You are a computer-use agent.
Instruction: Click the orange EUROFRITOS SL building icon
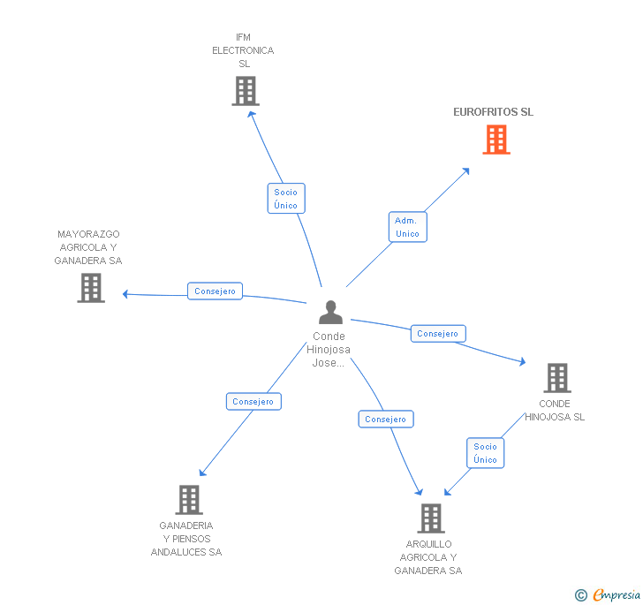(x=496, y=140)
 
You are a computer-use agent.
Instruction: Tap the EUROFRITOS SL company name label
(x=493, y=112)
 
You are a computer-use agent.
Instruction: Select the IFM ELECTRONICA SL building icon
(x=245, y=91)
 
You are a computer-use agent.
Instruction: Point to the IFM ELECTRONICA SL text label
(x=243, y=50)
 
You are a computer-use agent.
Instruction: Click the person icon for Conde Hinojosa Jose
(x=330, y=313)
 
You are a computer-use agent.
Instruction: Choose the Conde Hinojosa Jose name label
(x=329, y=349)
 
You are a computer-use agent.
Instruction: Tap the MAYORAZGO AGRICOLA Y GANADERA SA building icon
(x=91, y=288)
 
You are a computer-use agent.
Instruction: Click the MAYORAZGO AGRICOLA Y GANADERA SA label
(x=88, y=247)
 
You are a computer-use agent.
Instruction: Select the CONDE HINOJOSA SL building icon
(x=556, y=378)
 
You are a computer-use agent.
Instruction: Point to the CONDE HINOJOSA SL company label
(x=555, y=411)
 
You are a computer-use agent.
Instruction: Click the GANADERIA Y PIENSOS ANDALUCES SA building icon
(x=188, y=500)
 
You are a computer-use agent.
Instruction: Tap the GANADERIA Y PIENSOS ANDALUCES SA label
(x=186, y=539)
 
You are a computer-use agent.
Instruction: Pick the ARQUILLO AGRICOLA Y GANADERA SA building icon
(x=430, y=518)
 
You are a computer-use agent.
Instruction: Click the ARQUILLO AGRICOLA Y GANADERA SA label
(x=428, y=557)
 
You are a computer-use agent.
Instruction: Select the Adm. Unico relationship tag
(x=407, y=227)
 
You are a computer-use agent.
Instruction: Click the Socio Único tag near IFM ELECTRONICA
(x=285, y=199)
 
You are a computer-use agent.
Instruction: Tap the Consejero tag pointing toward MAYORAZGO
(x=215, y=291)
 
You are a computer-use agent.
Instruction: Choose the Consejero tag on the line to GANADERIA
(x=253, y=401)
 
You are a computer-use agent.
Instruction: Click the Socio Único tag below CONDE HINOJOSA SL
(x=485, y=453)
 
